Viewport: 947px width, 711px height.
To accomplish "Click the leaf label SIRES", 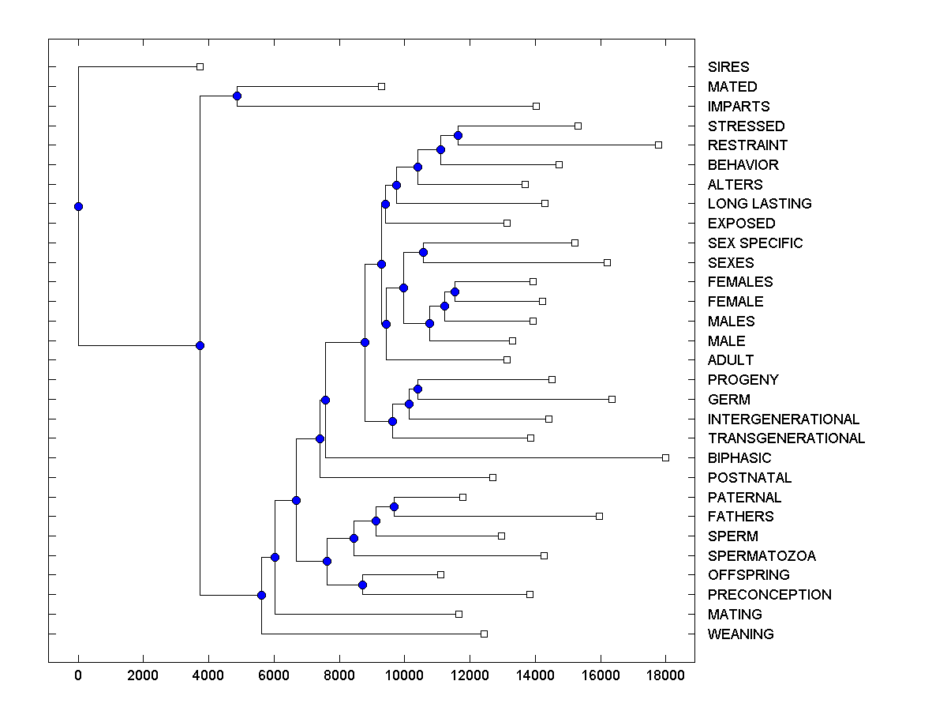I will coord(728,67).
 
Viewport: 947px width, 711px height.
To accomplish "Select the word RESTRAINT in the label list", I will coord(747,145).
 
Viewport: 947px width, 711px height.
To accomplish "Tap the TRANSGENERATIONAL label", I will coord(786,438).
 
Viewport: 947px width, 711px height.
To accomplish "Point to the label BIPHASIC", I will coord(739,458).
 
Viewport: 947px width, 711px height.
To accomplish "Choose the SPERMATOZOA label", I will coord(762,556).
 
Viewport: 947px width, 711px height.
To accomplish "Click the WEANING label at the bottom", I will coord(740,634).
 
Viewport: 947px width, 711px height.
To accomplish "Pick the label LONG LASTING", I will coord(759,204).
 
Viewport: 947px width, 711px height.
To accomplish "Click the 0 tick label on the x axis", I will coord(78,674).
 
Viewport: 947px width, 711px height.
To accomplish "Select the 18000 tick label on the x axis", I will coord(665,674).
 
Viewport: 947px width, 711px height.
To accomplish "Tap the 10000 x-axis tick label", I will coord(404,674).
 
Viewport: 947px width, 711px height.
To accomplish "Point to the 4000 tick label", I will coord(208,674).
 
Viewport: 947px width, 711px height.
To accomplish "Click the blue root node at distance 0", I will coord(78,206).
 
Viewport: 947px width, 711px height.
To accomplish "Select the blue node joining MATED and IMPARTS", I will coord(237,96).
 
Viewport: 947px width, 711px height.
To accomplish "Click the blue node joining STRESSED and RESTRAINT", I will coord(458,135).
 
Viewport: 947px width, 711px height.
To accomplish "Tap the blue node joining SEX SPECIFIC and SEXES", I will coord(423,252).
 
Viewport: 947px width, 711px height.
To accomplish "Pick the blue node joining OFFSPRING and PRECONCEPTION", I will coord(362,585).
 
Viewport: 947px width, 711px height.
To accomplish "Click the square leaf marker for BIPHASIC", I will coord(665,457).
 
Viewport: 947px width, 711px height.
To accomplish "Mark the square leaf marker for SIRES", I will coord(200,66).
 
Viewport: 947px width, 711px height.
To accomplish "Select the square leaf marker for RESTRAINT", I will coord(658,145).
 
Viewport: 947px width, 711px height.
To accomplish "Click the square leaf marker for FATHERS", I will coord(599,516).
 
